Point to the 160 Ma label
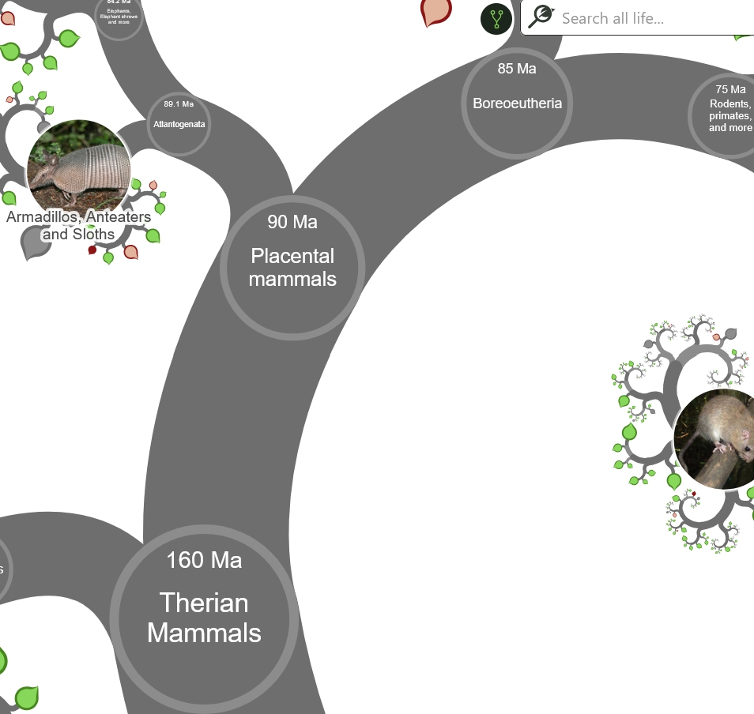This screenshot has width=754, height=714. click(x=204, y=560)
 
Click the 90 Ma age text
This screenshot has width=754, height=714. click(x=292, y=222)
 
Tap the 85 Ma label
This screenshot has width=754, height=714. click(x=517, y=69)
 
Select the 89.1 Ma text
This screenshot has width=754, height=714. click(x=179, y=104)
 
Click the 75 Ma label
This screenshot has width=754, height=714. click(x=730, y=89)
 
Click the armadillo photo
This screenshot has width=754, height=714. click(x=78, y=166)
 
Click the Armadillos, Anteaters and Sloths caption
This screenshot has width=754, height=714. click(x=78, y=225)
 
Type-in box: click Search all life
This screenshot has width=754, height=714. click(x=648, y=18)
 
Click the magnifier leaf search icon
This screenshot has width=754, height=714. click(x=541, y=17)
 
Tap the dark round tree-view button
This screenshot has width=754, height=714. click(x=496, y=18)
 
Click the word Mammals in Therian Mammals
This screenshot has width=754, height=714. click(x=204, y=633)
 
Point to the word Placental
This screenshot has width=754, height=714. click(x=292, y=256)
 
